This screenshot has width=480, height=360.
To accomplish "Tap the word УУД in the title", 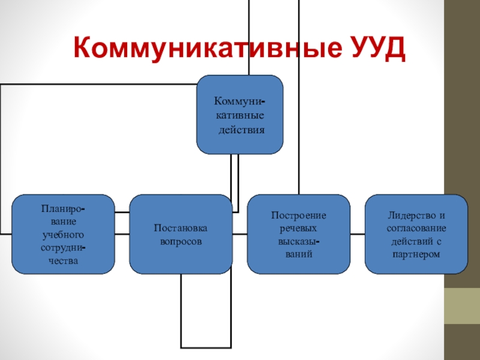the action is click(374, 47).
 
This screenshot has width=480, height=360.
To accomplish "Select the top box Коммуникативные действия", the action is click(240, 114).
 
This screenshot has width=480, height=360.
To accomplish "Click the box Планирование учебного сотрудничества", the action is click(64, 234).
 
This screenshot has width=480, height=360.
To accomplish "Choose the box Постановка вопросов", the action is click(181, 234).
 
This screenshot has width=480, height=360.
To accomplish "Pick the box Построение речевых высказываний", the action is click(298, 234).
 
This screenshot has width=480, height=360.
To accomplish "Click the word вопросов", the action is click(181, 241).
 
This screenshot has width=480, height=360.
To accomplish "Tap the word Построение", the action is click(298, 215).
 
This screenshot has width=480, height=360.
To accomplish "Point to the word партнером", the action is click(416, 254).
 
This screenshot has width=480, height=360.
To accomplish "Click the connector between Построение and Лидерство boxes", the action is click(358, 234).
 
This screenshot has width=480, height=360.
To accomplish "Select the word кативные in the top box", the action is click(240, 115).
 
